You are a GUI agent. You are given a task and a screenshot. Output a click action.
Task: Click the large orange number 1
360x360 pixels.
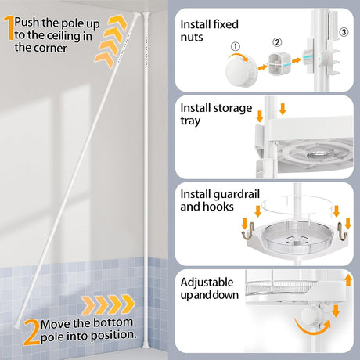pyautogui.click(x=9, y=27)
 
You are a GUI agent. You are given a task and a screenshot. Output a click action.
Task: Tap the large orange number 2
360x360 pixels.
pyautogui.click(x=31, y=332)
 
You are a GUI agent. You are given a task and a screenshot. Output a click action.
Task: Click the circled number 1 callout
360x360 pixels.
pyautogui.click(x=236, y=47)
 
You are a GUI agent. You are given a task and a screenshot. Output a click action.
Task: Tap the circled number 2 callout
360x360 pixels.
pyautogui.click(x=277, y=42)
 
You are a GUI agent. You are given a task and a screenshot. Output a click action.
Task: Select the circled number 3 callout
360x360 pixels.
pyautogui.click(x=344, y=32)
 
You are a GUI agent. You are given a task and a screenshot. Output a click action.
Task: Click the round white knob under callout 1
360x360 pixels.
pyautogui.click(x=241, y=71)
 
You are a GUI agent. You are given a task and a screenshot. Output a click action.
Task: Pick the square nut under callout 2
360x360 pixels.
pyautogui.click(x=279, y=64)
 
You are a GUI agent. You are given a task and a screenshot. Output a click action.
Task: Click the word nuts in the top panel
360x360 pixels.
pyautogui.click(x=192, y=37)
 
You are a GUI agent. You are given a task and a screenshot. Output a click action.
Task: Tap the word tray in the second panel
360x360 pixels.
pyautogui.click(x=190, y=121)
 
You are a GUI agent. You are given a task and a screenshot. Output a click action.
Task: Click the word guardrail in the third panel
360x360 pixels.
pyautogui.click(x=236, y=195)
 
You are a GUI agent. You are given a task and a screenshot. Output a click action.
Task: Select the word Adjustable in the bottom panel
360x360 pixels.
pyautogui.click(x=207, y=283)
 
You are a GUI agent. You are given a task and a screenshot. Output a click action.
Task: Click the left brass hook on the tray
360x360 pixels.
pyautogui.click(x=248, y=231)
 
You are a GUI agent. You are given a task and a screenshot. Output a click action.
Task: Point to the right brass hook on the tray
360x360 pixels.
pyautogui.click(x=342, y=231)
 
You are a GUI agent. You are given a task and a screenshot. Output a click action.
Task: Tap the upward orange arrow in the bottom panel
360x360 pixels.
pyautogui.click(x=348, y=280)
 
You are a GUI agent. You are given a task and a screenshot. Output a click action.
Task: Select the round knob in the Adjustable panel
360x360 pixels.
pyautogui.click(x=311, y=315)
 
